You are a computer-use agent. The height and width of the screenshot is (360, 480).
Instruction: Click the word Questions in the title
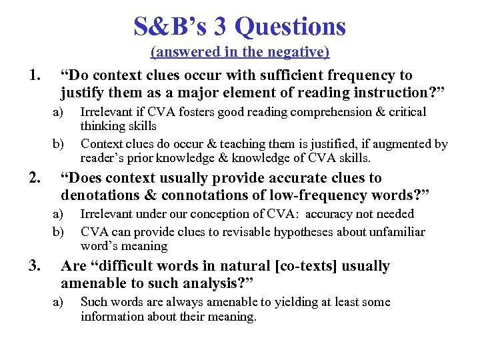(290, 27)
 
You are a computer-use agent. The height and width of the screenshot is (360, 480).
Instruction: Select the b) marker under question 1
(58, 144)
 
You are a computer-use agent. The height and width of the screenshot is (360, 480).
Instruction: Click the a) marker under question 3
(58, 302)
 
